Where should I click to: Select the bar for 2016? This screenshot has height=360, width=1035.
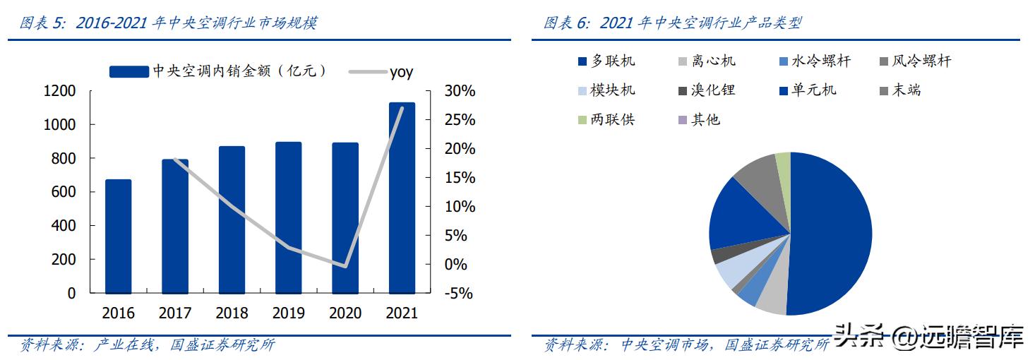pos(119,236)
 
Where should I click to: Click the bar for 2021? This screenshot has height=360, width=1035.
pos(402,198)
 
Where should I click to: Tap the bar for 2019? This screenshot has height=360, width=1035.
pos(289,217)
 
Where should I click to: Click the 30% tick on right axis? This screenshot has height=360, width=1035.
pos(460,91)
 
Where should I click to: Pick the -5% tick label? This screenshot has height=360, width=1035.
pos(457,294)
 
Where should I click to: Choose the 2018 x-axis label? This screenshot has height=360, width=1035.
pos(232,313)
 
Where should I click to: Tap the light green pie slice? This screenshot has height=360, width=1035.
pos(783,163)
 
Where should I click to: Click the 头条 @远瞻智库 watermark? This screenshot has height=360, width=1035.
pos(928,337)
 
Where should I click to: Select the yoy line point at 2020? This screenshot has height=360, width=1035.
pos(345,266)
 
